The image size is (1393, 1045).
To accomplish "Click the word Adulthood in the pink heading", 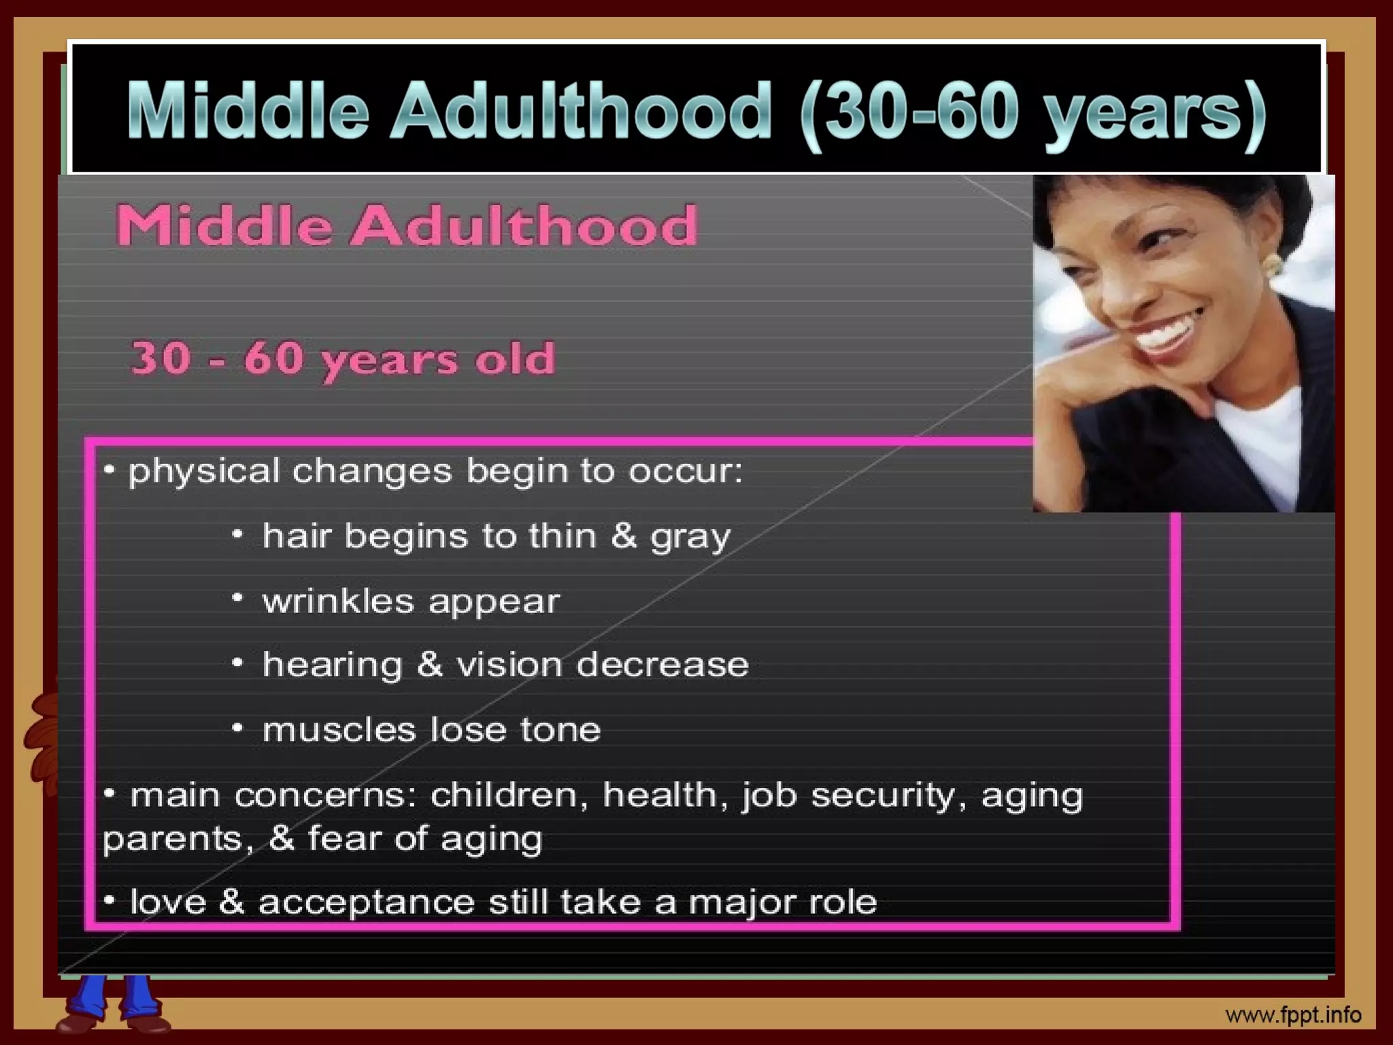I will [x=524, y=226].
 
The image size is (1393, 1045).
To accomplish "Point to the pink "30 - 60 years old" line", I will [x=343, y=359].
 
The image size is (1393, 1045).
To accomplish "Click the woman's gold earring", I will [x=1271, y=265].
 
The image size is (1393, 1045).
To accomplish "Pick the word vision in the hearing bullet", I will [x=507, y=665].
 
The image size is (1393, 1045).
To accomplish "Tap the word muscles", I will [x=339, y=730].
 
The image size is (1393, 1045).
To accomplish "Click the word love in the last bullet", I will [x=167, y=902].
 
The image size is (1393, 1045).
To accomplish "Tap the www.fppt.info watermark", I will [x=1292, y=1016].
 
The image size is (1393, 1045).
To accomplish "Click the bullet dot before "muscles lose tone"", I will [x=237, y=728].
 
